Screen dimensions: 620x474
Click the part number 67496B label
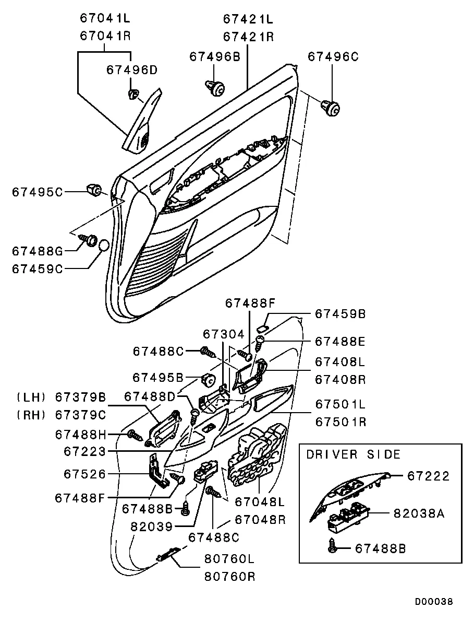[214, 56]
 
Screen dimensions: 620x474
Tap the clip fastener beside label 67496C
[332, 108]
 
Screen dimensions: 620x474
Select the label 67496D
[132, 69]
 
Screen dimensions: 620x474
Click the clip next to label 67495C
[94, 190]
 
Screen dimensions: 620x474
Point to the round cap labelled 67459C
[103, 245]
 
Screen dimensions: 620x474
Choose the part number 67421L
[248, 19]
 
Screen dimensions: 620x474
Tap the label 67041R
[105, 36]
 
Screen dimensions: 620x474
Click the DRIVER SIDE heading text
[353, 454]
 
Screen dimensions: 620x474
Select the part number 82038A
[418, 513]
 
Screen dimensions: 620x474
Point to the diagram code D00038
[434, 602]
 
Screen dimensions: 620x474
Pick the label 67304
[223, 333]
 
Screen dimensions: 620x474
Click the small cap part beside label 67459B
[263, 328]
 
